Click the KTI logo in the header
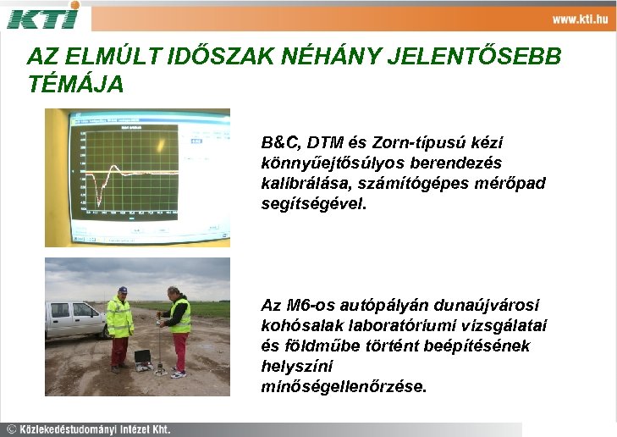[43, 15]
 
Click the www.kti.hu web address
[580, 19]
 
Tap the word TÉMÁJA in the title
[75, 84]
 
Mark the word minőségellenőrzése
[345, 386]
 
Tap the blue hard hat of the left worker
[122, 290]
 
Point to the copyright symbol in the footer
[11, 429]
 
